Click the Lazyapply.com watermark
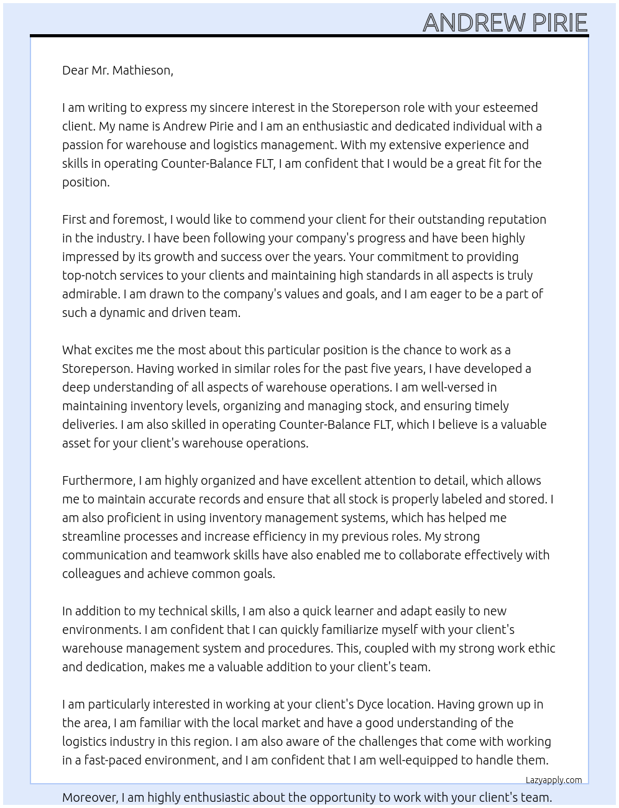[554, 780]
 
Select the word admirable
[90, 294]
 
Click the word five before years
[375, 369]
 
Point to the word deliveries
[89, 425]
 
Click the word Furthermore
[98, 480]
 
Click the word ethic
[541, 648]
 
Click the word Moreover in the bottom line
[89, 797]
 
